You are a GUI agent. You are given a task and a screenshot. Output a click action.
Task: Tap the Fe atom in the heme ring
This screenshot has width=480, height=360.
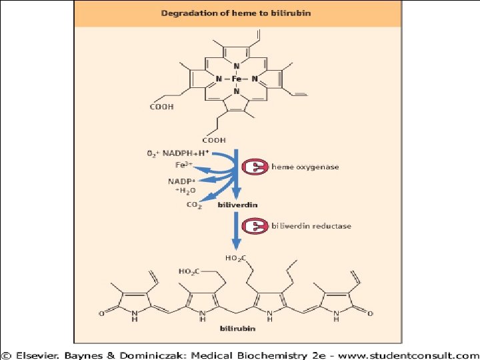pos(237,78)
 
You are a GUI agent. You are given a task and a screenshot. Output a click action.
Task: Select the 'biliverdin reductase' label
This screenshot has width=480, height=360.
pos(311,226)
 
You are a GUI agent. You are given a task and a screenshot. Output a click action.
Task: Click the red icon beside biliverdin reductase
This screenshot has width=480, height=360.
pos(255,227)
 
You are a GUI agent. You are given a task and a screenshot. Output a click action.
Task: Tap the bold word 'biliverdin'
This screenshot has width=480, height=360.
pos(237,206)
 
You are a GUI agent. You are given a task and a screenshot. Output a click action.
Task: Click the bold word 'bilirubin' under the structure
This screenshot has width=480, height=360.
pos(237,329)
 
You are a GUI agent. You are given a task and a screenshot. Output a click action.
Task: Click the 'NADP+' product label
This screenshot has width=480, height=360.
pos(181,181)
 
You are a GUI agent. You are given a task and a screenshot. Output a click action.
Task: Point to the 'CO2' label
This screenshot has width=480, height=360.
pos(194,205)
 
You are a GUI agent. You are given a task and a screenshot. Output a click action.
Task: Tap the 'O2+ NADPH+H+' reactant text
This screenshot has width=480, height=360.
pos(177,153)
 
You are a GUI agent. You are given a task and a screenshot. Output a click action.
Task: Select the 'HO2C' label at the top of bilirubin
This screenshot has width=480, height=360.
pos(235,258)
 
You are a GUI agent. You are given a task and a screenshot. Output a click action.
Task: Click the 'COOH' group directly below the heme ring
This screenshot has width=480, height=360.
pos(215,140)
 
